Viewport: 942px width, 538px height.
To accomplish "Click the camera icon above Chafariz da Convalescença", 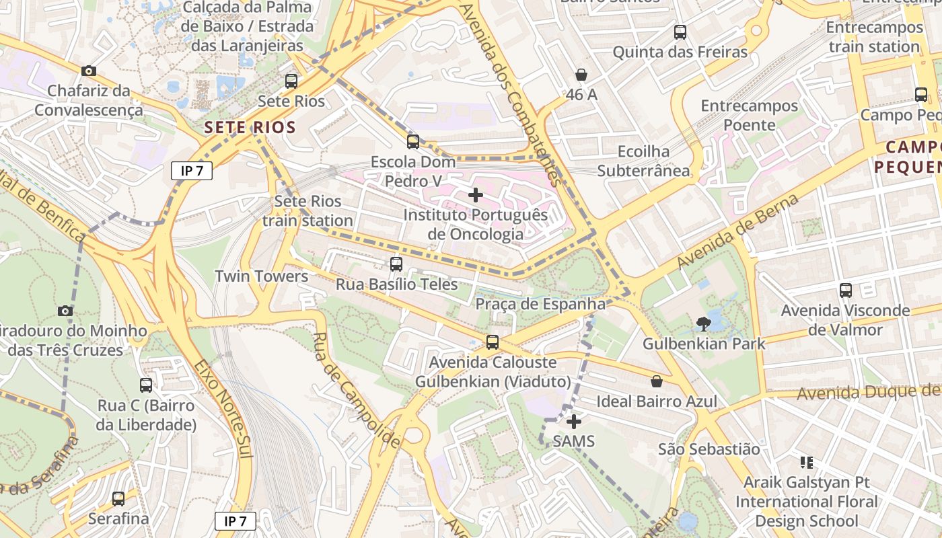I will [88, 71].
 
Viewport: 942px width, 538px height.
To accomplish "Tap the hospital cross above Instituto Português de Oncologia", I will [476, 196].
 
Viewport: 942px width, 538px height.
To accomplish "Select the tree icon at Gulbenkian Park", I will [704, 324].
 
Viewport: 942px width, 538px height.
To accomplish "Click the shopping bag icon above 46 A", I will [581, 75].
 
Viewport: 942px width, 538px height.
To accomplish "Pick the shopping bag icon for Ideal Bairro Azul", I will [657, 381].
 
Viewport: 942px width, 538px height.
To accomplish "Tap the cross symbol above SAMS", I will [574, 422].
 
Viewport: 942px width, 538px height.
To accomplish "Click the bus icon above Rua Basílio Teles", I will [396, 264].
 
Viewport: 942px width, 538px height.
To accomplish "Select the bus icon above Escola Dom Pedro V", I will [413, 142].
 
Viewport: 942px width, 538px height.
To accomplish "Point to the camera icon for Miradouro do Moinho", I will [65, 311].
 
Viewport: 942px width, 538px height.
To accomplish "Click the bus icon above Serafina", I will [118, 499].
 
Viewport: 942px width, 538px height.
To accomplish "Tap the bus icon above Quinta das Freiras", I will [680, 32].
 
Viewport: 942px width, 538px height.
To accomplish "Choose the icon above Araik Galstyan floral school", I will [806, 463].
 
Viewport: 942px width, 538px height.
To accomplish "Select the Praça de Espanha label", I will [540, 304].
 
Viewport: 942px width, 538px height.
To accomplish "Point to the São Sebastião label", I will [709, 449].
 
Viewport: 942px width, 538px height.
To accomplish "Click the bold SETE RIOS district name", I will [250, 127].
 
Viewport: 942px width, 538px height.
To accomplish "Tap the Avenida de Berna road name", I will [738, 231].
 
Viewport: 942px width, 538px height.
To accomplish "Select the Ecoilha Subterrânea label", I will [644, 161].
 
